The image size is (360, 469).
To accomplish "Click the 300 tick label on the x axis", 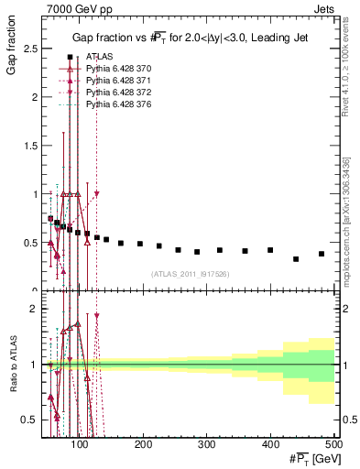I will (x=207, y=444).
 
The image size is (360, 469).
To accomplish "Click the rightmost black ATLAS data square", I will (x=322, y=254).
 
